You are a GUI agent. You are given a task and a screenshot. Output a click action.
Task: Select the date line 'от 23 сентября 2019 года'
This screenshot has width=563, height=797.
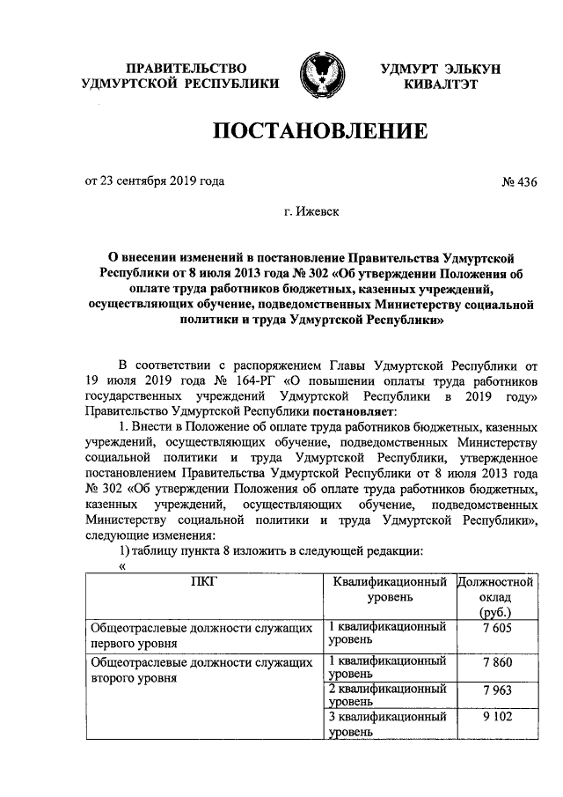tap(154, 182)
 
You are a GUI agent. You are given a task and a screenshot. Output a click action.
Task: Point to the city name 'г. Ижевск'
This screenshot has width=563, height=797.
tap(314, 211)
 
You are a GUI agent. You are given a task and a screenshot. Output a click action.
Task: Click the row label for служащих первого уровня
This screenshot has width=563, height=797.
tap(201, 633)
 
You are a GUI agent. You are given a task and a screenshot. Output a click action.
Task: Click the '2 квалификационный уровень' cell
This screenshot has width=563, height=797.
tap(384, 695)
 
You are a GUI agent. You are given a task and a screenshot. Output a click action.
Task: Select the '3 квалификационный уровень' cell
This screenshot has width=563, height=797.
tap(384, 723)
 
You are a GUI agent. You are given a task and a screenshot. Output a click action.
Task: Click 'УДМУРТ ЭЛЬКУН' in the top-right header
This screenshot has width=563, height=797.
tap(441, 69)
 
